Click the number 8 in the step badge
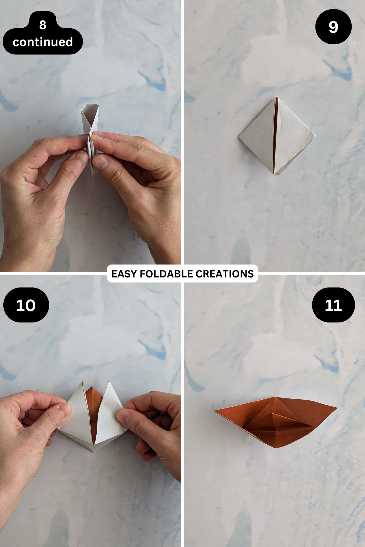[x=43, y=25]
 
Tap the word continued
[x=43, y=42]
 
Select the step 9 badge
[x=333, y=27]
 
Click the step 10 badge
[x=26, y=305]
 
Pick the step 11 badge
[x=333, y=305]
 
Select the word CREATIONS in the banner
[x=224, y=274]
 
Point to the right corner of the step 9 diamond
[x=315, y=136]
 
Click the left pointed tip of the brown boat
[x=215, y=411]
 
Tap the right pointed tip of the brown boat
[x=336, y=407]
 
